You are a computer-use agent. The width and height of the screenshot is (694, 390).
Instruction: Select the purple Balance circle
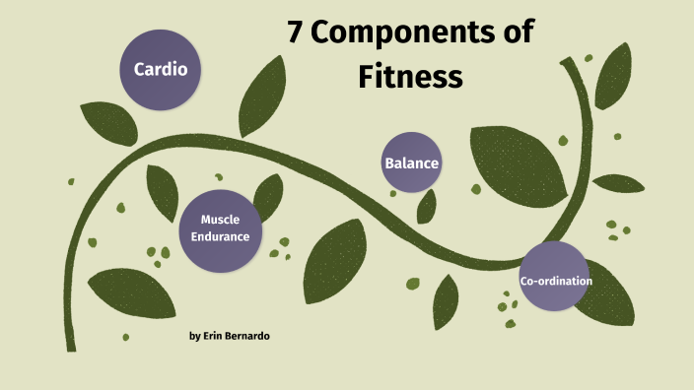coord(411,162)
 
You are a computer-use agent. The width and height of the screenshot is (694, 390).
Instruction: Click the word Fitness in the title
coord(411,75)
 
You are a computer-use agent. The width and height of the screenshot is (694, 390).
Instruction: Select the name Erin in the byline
coord(219,337)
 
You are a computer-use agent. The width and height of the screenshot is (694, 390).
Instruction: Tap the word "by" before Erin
coord(194,337)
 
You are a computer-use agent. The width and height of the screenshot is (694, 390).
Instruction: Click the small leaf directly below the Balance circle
coord(426,206)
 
